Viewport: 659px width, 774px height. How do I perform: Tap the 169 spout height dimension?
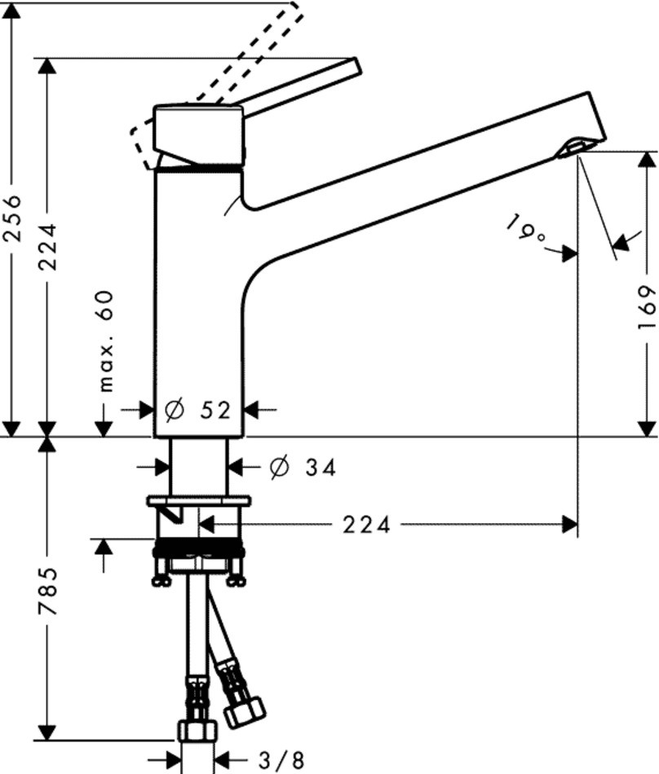point(647,307)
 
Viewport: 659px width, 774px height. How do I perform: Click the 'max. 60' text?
point(107,341)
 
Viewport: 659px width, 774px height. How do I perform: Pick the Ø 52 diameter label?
point(198,411)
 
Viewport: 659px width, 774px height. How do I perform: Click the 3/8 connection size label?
point(280,761)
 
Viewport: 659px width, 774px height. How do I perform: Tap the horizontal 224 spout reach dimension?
point(365,526)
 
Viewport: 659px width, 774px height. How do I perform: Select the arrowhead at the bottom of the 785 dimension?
point(48,731)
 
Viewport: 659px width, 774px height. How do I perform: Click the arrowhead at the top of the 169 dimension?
point(647,159)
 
